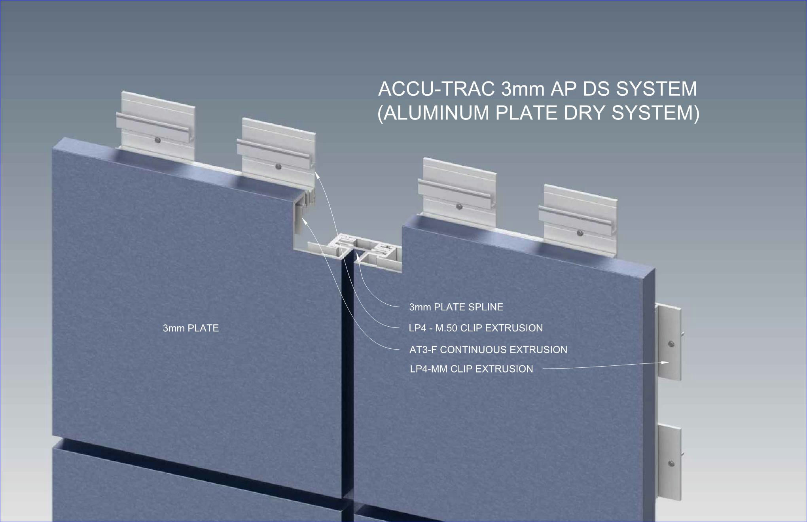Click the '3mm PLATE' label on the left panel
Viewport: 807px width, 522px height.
[191, 328]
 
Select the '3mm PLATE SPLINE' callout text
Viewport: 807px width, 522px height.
[456, 307]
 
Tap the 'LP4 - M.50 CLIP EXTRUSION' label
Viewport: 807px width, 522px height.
[475, 328]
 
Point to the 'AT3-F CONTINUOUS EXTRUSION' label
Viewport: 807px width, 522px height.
[488, 350]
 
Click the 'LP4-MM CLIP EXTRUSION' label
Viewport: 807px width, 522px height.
[472, 369]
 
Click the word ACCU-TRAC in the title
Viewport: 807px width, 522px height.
[436, 89]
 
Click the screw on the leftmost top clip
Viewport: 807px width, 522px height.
[158, 140]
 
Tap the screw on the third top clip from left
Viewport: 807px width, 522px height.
[459, 206]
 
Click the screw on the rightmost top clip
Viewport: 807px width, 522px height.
[580, 233]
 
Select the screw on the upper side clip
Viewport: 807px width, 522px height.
[671, 344]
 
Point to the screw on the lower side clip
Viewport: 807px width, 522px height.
[671, 463]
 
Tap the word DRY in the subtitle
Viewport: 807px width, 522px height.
[582, 113]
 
